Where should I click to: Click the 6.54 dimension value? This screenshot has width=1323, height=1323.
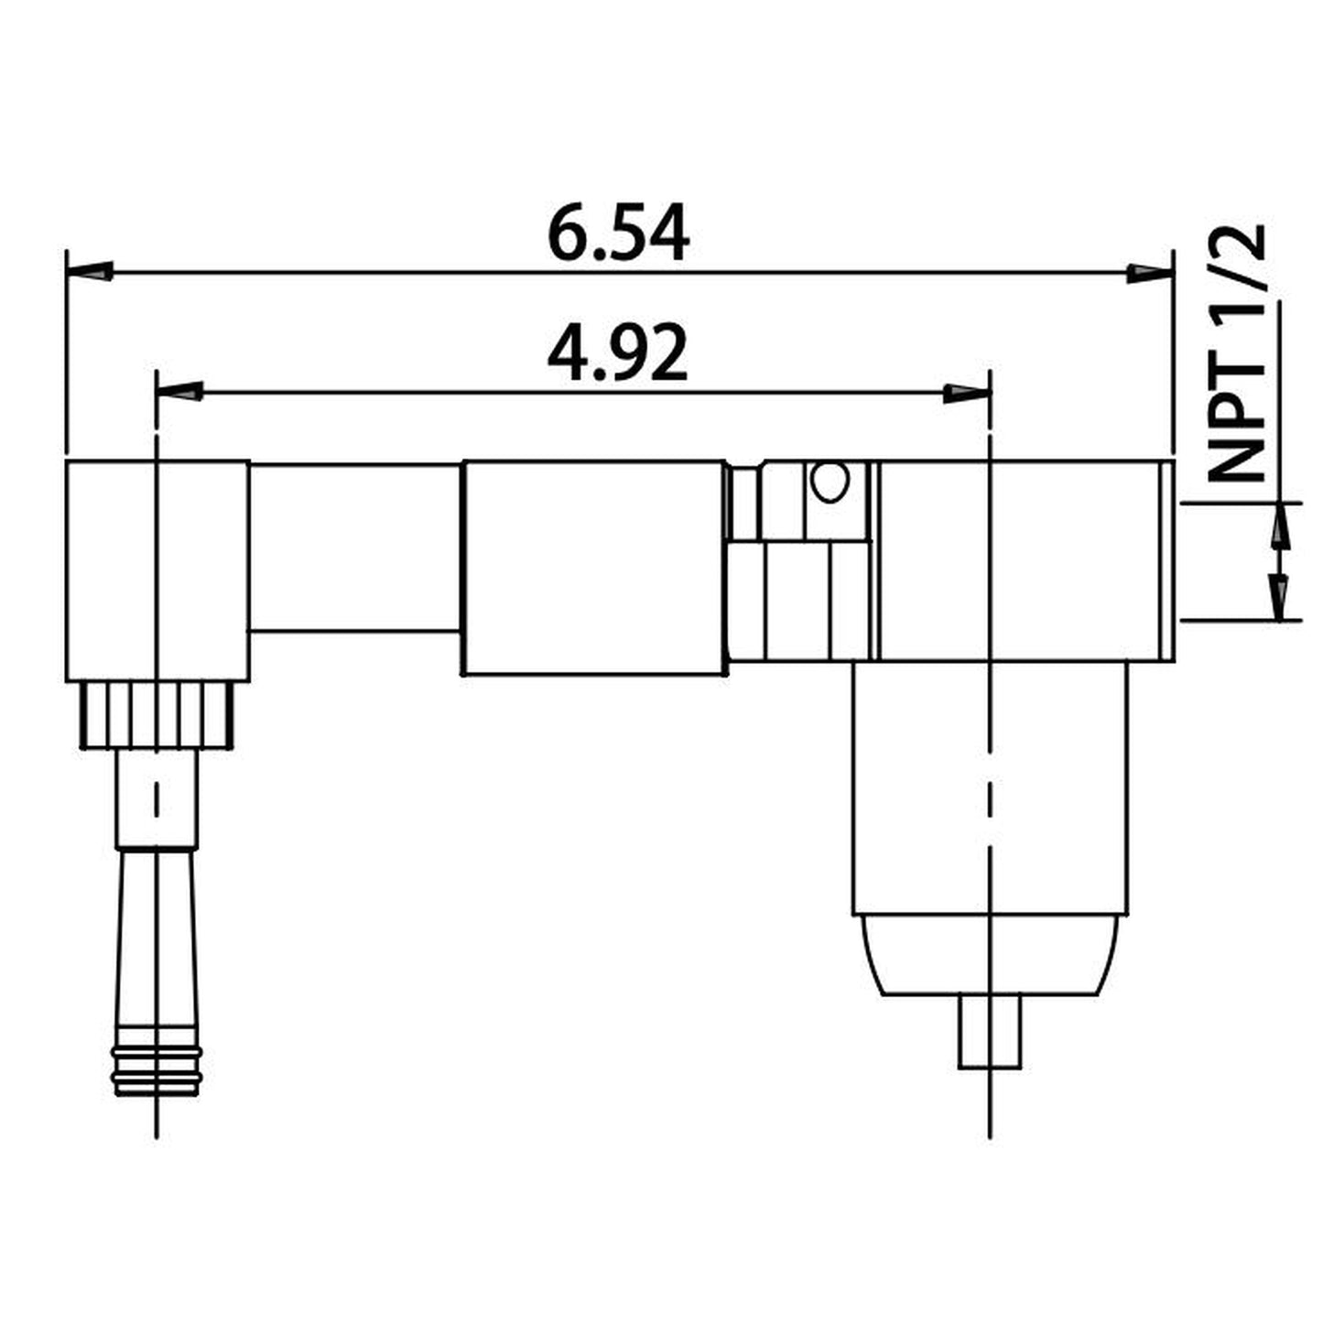618,235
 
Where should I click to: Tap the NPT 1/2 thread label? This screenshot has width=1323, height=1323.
1236,353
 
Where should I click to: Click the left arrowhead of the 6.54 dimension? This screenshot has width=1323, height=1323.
91,272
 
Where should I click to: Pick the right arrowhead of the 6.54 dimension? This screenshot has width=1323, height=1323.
1149,272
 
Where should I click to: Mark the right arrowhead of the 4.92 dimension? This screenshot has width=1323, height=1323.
967,392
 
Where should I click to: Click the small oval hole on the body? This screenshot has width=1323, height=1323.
830,482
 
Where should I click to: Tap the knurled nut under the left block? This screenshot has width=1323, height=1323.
157,715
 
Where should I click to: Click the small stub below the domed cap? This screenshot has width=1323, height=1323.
990,1032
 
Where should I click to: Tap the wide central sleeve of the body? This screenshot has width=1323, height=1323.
595,568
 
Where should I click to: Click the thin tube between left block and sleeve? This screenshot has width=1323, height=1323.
355,548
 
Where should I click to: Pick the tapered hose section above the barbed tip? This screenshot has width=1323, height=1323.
157,943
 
